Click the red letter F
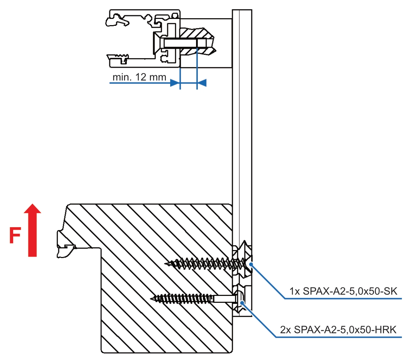click(15, 236)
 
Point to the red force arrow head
click(32, 209)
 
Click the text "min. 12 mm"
click(139, 77)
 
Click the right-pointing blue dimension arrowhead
click(175, 83)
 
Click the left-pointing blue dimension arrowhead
click(201, 83)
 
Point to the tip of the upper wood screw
click(166, 263)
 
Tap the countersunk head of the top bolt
click(157, 43)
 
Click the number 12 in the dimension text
click(144, 77)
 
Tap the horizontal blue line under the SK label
click(342, 299)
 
